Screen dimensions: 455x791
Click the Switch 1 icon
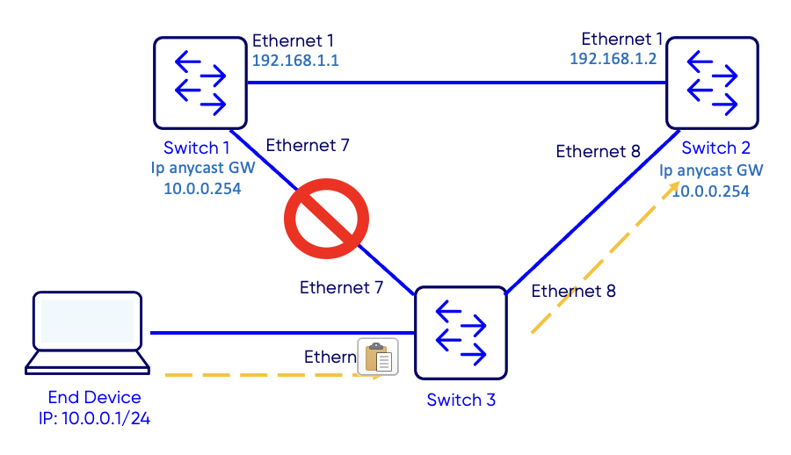click(x=200, y=83)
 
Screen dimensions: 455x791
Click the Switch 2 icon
click(x=712, y=83)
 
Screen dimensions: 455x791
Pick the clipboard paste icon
click(x=378, y=357)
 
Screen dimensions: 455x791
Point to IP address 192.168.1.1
click(x=295, y=61)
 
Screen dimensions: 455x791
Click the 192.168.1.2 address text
click(x=613, y=58)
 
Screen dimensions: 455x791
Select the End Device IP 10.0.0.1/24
click(x=95, y=418)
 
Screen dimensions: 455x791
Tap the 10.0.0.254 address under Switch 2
click(x=711, y=191)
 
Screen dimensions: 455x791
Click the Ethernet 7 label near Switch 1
click(x=308, y=145)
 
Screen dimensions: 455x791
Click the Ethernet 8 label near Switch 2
click(x=599, y=151)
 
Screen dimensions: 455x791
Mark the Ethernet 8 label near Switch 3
click(x=573, y=291)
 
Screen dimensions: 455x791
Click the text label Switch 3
click(x=461, y=401)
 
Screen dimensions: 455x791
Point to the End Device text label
click(x=95, y=397)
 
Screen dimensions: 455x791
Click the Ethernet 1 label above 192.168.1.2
click(x=622, y=39)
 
